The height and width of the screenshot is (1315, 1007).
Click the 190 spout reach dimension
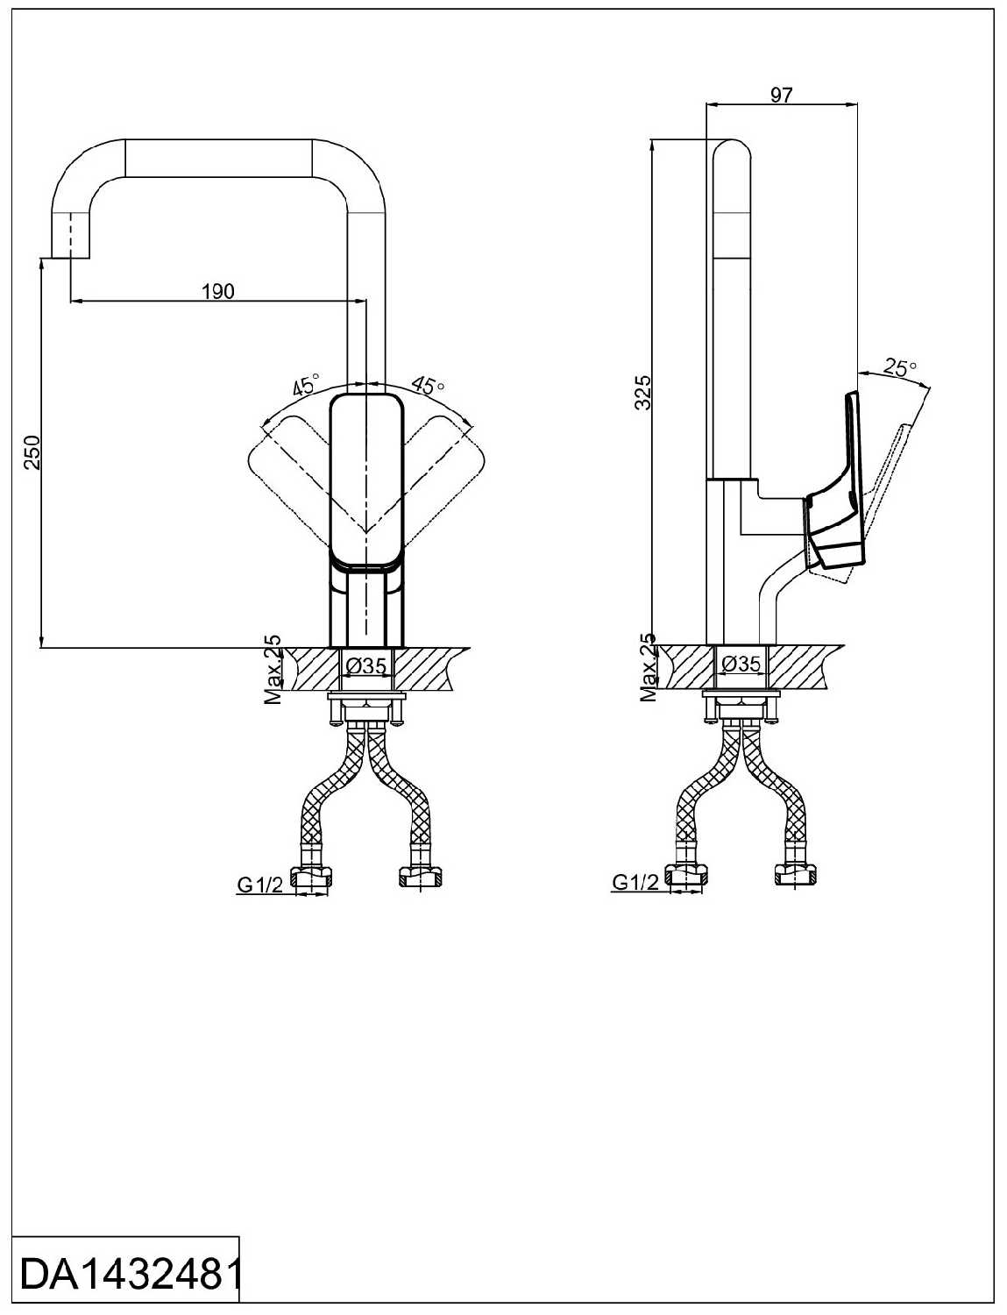(x=218, y=290)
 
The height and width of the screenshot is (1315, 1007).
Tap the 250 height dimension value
(x=31, y=452)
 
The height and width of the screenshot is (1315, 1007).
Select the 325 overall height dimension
(x=644, y=392)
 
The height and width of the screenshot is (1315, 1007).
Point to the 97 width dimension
(x=781, y=95)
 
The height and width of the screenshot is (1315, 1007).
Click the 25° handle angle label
(x=899, y=368)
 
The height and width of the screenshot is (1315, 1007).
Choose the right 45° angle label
(x=429, y=385)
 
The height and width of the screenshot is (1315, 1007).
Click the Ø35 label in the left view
(x=366, y=666)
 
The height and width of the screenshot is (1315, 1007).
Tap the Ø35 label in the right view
(x=741, y=664)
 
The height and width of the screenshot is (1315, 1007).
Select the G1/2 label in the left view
(x=259, y=885)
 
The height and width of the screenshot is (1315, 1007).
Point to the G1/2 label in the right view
(x=635, y=883)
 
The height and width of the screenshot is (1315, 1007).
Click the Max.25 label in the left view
(x=273, y=671)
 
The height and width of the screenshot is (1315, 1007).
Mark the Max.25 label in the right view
(x=649, y=669)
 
